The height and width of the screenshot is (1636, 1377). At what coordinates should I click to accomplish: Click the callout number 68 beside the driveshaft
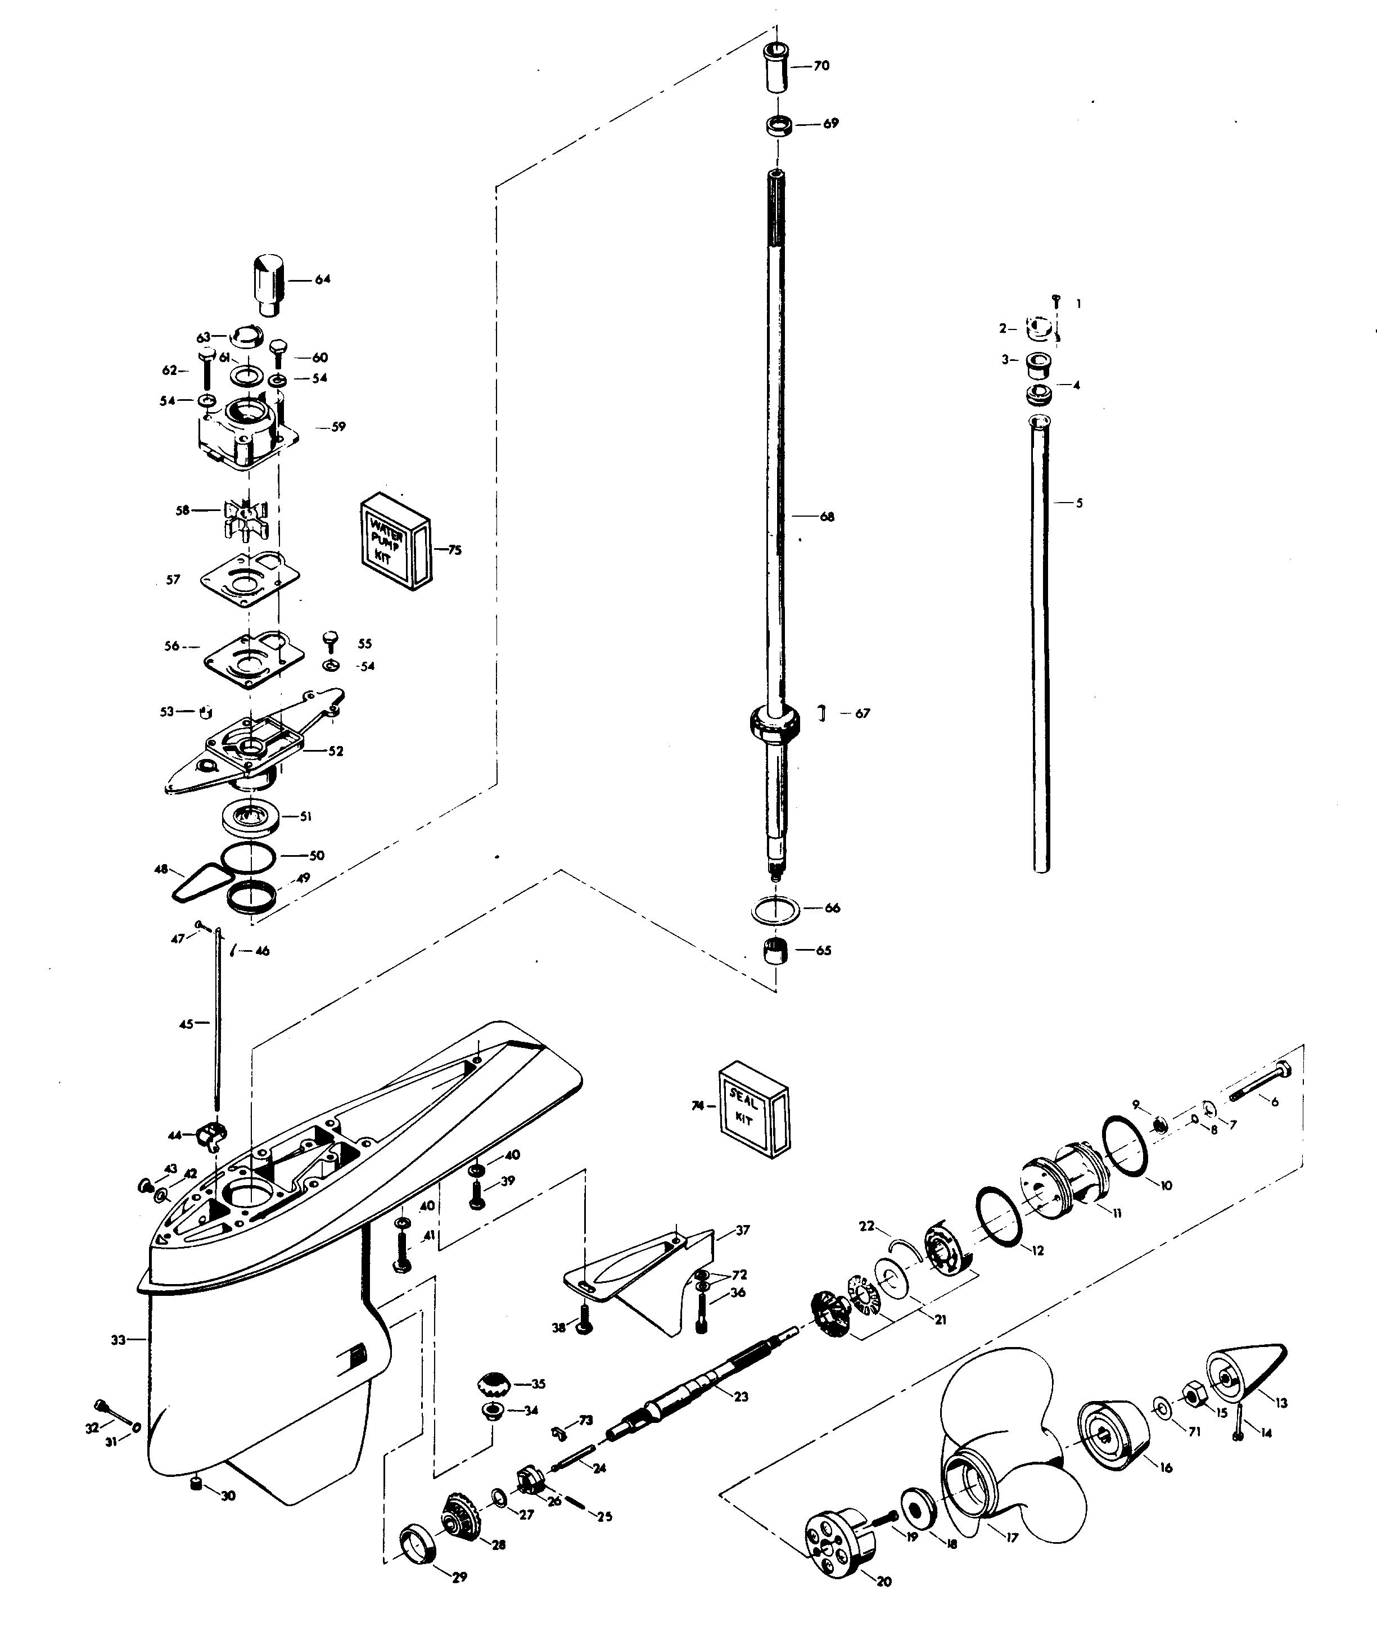tap(827, 517)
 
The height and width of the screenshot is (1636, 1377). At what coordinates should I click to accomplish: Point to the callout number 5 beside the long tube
tap(1080, 503)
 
